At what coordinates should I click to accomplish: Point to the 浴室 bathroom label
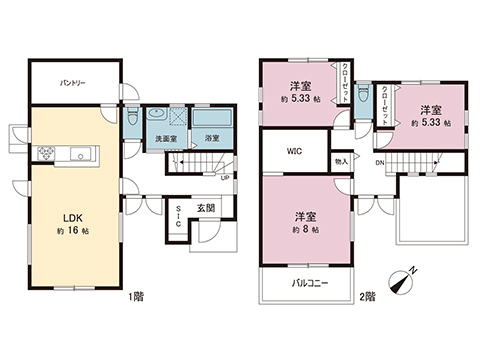tap(212, 137)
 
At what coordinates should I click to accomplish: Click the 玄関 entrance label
tap(205, 208)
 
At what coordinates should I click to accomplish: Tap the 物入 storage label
tap(341, 160)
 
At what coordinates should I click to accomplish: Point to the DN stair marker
tap(380, 162)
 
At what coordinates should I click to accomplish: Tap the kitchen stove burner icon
tap(46, 153)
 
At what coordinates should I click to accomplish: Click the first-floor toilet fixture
tap(133, 116)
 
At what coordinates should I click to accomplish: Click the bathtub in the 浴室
tap(212, 120)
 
